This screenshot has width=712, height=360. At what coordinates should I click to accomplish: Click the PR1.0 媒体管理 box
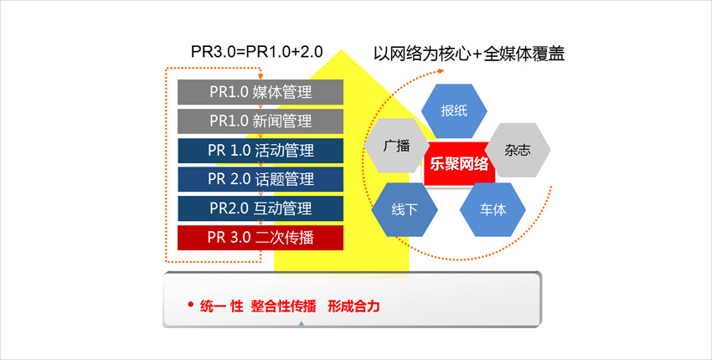coord(261,92)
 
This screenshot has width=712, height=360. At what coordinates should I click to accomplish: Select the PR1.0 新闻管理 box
coord(261,121)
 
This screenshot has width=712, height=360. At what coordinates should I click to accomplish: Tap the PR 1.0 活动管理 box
coord(261,151)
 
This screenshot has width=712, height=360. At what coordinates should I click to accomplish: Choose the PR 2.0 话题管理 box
coord(261,179)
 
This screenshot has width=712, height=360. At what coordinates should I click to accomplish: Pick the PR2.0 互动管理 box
coord(261,208)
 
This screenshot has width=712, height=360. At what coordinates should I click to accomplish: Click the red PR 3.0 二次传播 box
coord(261,238)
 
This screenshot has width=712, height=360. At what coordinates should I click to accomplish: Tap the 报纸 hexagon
coord(454,111)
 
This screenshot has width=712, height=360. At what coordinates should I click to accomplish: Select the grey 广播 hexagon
coord(397,146)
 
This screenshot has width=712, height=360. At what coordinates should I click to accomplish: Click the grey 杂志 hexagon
coord(518,150)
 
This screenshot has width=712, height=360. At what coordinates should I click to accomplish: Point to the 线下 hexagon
coord(405,210)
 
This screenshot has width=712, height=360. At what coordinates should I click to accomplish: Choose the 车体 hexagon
coord(493,210)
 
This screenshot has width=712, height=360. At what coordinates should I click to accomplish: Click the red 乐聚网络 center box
coord(459,163)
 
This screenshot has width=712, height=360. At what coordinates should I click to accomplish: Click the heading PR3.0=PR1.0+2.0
coord(256,52)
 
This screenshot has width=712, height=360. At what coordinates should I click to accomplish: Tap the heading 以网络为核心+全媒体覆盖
coord(469,54)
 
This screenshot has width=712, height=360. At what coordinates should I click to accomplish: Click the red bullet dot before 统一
coord(191,305)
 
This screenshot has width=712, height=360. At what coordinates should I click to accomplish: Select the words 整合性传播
coord(283,306)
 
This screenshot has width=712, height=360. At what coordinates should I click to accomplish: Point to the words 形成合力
coord(353,306)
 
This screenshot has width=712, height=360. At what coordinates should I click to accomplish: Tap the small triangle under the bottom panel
coord(301,324)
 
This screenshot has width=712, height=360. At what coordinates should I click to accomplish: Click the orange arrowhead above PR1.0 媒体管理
coord(261,76)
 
